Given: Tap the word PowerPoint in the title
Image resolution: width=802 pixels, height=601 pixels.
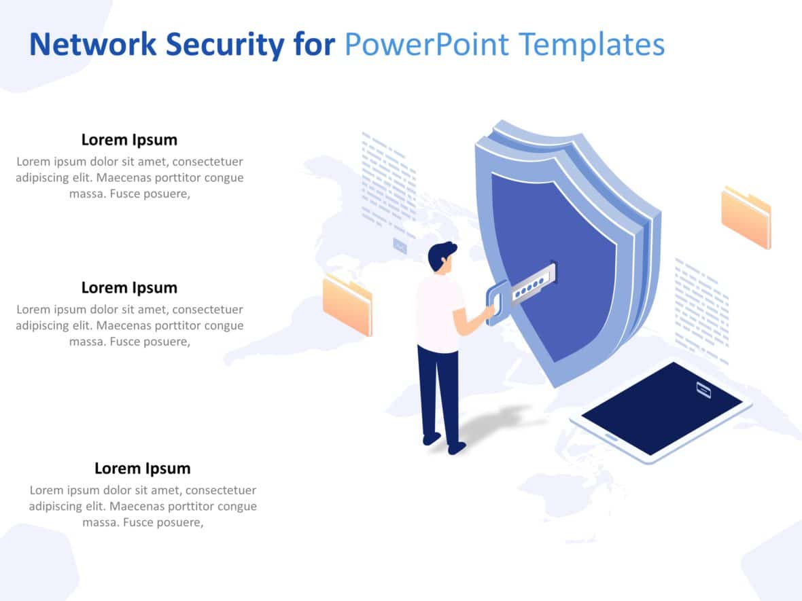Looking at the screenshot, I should click(x=426, y=45).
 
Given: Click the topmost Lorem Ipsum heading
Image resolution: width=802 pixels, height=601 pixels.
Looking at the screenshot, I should click(x=129, y=140).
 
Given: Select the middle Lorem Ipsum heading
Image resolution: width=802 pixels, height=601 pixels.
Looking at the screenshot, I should click(x=129, y=287).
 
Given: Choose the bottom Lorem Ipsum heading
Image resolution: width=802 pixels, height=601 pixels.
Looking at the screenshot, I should click(x=142, y=468).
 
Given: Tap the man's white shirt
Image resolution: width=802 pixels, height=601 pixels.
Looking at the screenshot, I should click(x=438, y=312).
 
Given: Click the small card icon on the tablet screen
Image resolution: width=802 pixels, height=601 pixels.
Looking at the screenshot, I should click(x=703, y=390).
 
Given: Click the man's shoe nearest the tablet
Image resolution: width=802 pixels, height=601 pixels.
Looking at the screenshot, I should click(x=457, y=448).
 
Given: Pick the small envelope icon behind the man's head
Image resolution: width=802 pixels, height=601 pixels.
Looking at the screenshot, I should click(x=400, y=246).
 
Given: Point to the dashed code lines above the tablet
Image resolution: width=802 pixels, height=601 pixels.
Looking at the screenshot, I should click(x=701, y=309).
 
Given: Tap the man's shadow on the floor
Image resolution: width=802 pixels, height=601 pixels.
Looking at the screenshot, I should click(x=496, y=421).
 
